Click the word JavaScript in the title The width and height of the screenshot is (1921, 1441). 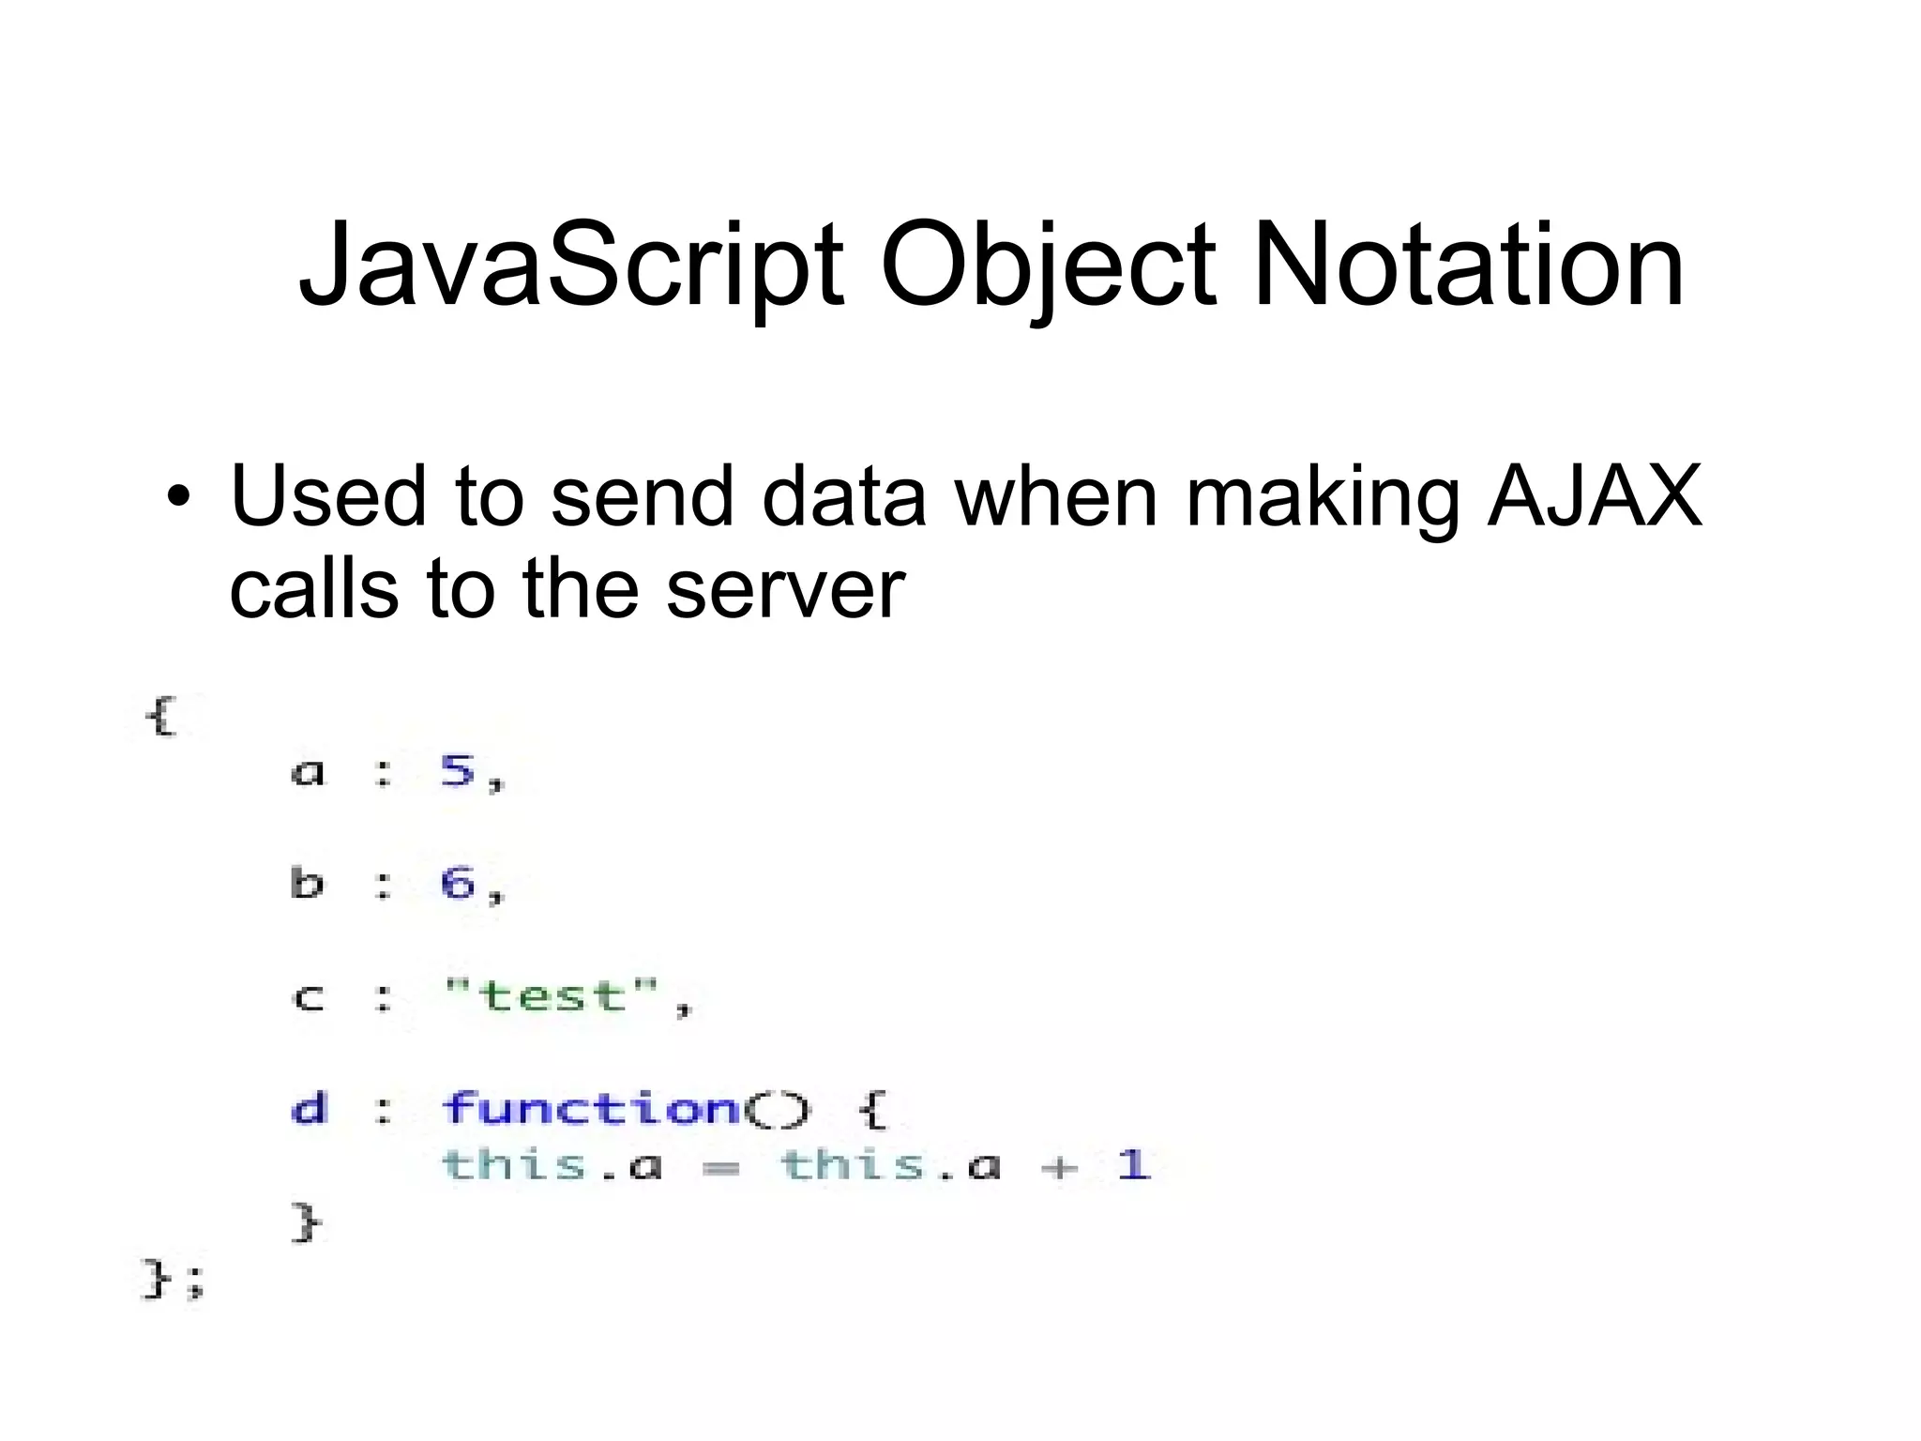[570, 266]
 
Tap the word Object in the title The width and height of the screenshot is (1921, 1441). [1048, 266]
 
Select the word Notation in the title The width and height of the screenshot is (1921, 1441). [1468, 266]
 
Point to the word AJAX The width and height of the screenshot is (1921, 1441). [1595, 496]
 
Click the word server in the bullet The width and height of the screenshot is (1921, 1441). [785, 590]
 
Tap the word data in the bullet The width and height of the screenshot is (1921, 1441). [843, 496]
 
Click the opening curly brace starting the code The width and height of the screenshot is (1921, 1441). [160, 718]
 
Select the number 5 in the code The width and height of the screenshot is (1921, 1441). [458, 771]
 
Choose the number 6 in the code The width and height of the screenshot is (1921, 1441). [458, 883]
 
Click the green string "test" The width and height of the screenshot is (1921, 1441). [551, 995]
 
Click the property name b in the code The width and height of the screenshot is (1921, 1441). [307, 883]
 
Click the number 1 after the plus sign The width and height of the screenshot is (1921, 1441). [1134, 1165]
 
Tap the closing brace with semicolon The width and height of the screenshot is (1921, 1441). [172, 1280]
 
